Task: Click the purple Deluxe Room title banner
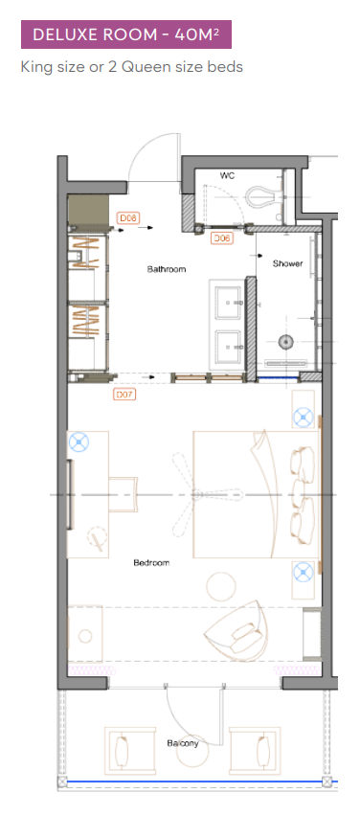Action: (x=126, y=34)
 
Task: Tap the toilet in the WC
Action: (x=265, y=195)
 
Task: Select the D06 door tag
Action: (x=221, y=238)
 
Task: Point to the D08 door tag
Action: (x=128, y=217)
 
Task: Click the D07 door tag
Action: (x=124, y=395)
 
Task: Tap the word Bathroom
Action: (x=167, y=269)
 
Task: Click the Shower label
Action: (x=288, y=263)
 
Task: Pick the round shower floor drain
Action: (x=285, y=342)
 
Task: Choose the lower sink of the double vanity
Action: (x=228, y=345)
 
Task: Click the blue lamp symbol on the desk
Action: (x=79, y=442)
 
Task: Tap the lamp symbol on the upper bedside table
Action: (x=303, y=417)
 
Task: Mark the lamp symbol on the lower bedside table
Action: (x=303, y=573)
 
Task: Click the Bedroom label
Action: (x=151, y=562)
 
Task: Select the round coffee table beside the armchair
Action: (x=221, y=586)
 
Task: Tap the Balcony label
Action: (x=182, y=743)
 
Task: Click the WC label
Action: (x=227, y=176)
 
